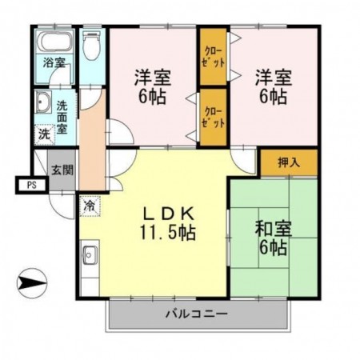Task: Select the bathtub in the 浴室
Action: [x=55, y=44]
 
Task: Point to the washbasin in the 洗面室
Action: [x=42, y=103]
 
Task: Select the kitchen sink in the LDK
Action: [x=88, y=257]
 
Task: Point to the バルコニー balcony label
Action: [x=197, y=314]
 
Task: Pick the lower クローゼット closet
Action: [x=214, y=118]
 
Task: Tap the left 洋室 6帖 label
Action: [x=151, y=88]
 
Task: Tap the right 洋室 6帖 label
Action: [x=273, y=88]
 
